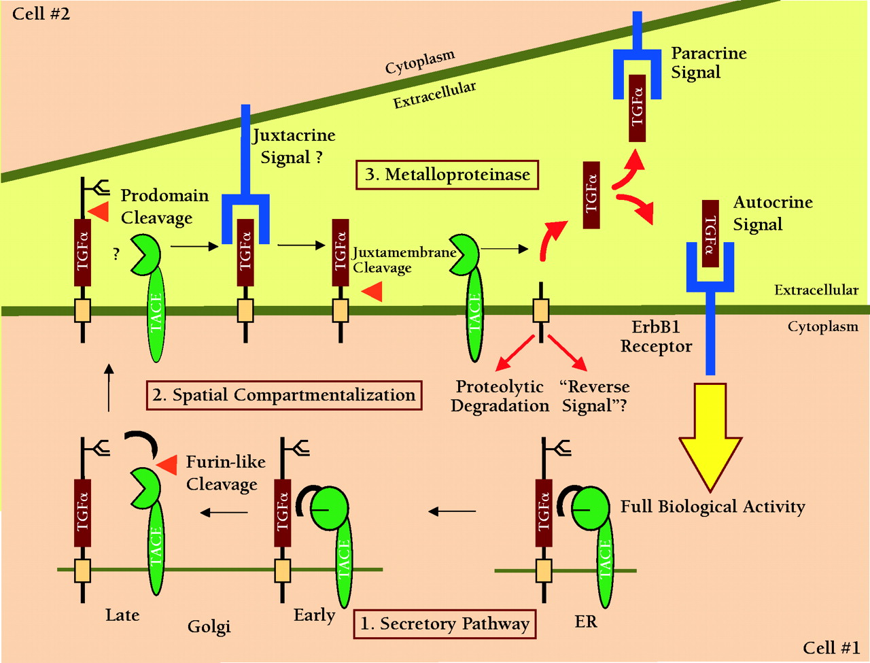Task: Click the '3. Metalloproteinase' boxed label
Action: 447,175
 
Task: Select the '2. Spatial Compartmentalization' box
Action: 283,395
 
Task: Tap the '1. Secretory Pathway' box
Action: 445,624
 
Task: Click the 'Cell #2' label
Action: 41,13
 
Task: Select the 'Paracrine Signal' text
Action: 708,63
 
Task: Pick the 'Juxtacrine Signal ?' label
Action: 294,146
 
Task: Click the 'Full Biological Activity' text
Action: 712,507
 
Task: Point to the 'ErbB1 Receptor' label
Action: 656,336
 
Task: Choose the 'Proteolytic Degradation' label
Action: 500,396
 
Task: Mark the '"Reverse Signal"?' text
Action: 594,396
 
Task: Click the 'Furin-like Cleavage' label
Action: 226,473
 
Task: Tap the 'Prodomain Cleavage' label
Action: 164,206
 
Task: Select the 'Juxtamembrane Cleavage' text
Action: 404,260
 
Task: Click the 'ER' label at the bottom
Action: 586,622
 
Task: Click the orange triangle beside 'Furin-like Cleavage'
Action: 167,464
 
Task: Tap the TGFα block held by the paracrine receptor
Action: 636,108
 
